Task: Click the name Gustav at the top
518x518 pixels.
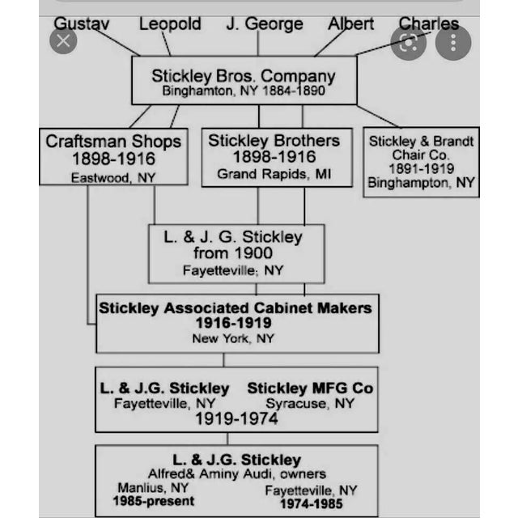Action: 81,23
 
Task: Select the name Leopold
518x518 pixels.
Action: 170,23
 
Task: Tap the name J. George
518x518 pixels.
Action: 265,23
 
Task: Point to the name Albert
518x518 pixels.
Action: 351,23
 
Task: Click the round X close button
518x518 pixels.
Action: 63,40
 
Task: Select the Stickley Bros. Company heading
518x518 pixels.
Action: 243,75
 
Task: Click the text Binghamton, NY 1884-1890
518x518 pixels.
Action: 243,91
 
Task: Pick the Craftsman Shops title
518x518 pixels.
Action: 113,141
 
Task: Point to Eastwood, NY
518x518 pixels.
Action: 113,177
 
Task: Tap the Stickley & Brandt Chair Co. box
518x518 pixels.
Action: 421,162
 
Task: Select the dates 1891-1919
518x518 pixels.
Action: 421,168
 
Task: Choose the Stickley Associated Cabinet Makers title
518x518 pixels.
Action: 235,308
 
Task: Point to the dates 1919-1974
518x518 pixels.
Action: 236,418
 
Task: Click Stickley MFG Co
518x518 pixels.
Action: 310,388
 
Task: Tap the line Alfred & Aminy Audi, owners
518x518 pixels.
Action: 236,474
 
